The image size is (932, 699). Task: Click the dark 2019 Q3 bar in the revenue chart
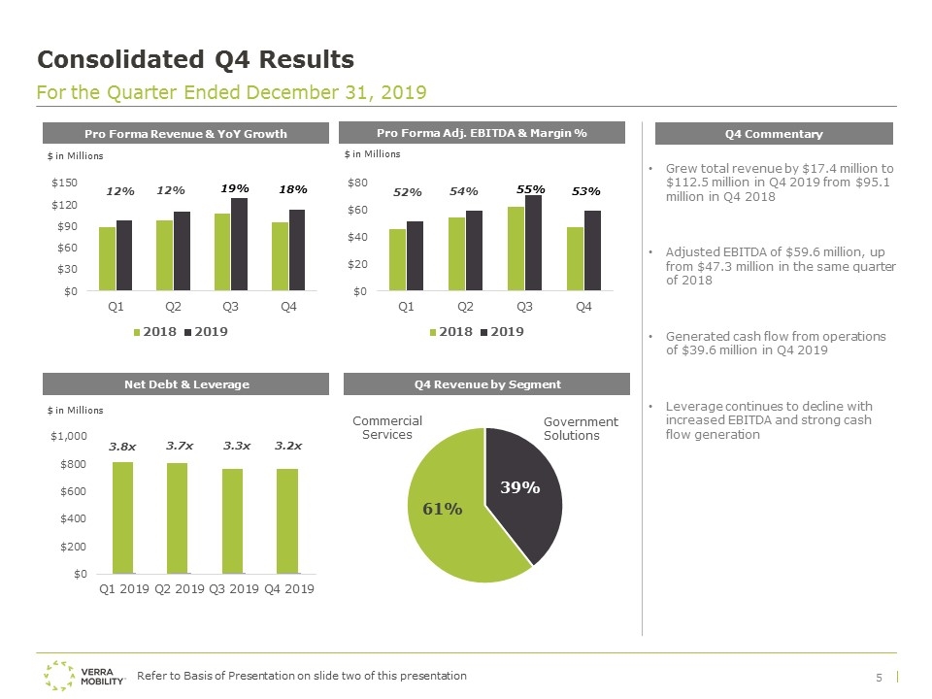click(x=239, y=245)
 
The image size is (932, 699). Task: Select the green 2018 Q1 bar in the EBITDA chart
click(x=397, y=260)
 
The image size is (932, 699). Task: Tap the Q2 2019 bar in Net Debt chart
click(x=177, y=518)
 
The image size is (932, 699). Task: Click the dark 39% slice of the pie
click(x=523, y=493)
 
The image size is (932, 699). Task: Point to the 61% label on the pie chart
click(x=443, y=509)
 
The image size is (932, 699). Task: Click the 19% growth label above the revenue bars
click(x=235, y=188)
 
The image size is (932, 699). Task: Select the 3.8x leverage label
click(x=122, y=447)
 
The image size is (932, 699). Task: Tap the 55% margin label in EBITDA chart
click(x=531, y=189)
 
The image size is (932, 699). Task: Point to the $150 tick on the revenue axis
click(x=64, y=183)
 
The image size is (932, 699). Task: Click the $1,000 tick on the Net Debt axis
click(x=68, y=436)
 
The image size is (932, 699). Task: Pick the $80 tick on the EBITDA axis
click(x=357, y=183)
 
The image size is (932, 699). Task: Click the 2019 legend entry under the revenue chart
click(x=206, y=332)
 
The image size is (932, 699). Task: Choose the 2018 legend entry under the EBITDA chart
click(x=451, y=332)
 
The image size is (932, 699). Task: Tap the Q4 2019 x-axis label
click(x=289, y=588)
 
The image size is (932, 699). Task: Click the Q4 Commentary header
click(x=774, y=134)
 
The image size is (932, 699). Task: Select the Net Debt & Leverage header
click(x=185, y=384)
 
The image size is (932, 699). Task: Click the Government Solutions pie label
click(x=581, y=428)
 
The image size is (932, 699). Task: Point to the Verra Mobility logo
click(x=83, y=676)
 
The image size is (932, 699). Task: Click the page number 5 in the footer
click(x=880, y=678)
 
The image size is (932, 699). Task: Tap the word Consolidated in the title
click(x=120, y=59)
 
